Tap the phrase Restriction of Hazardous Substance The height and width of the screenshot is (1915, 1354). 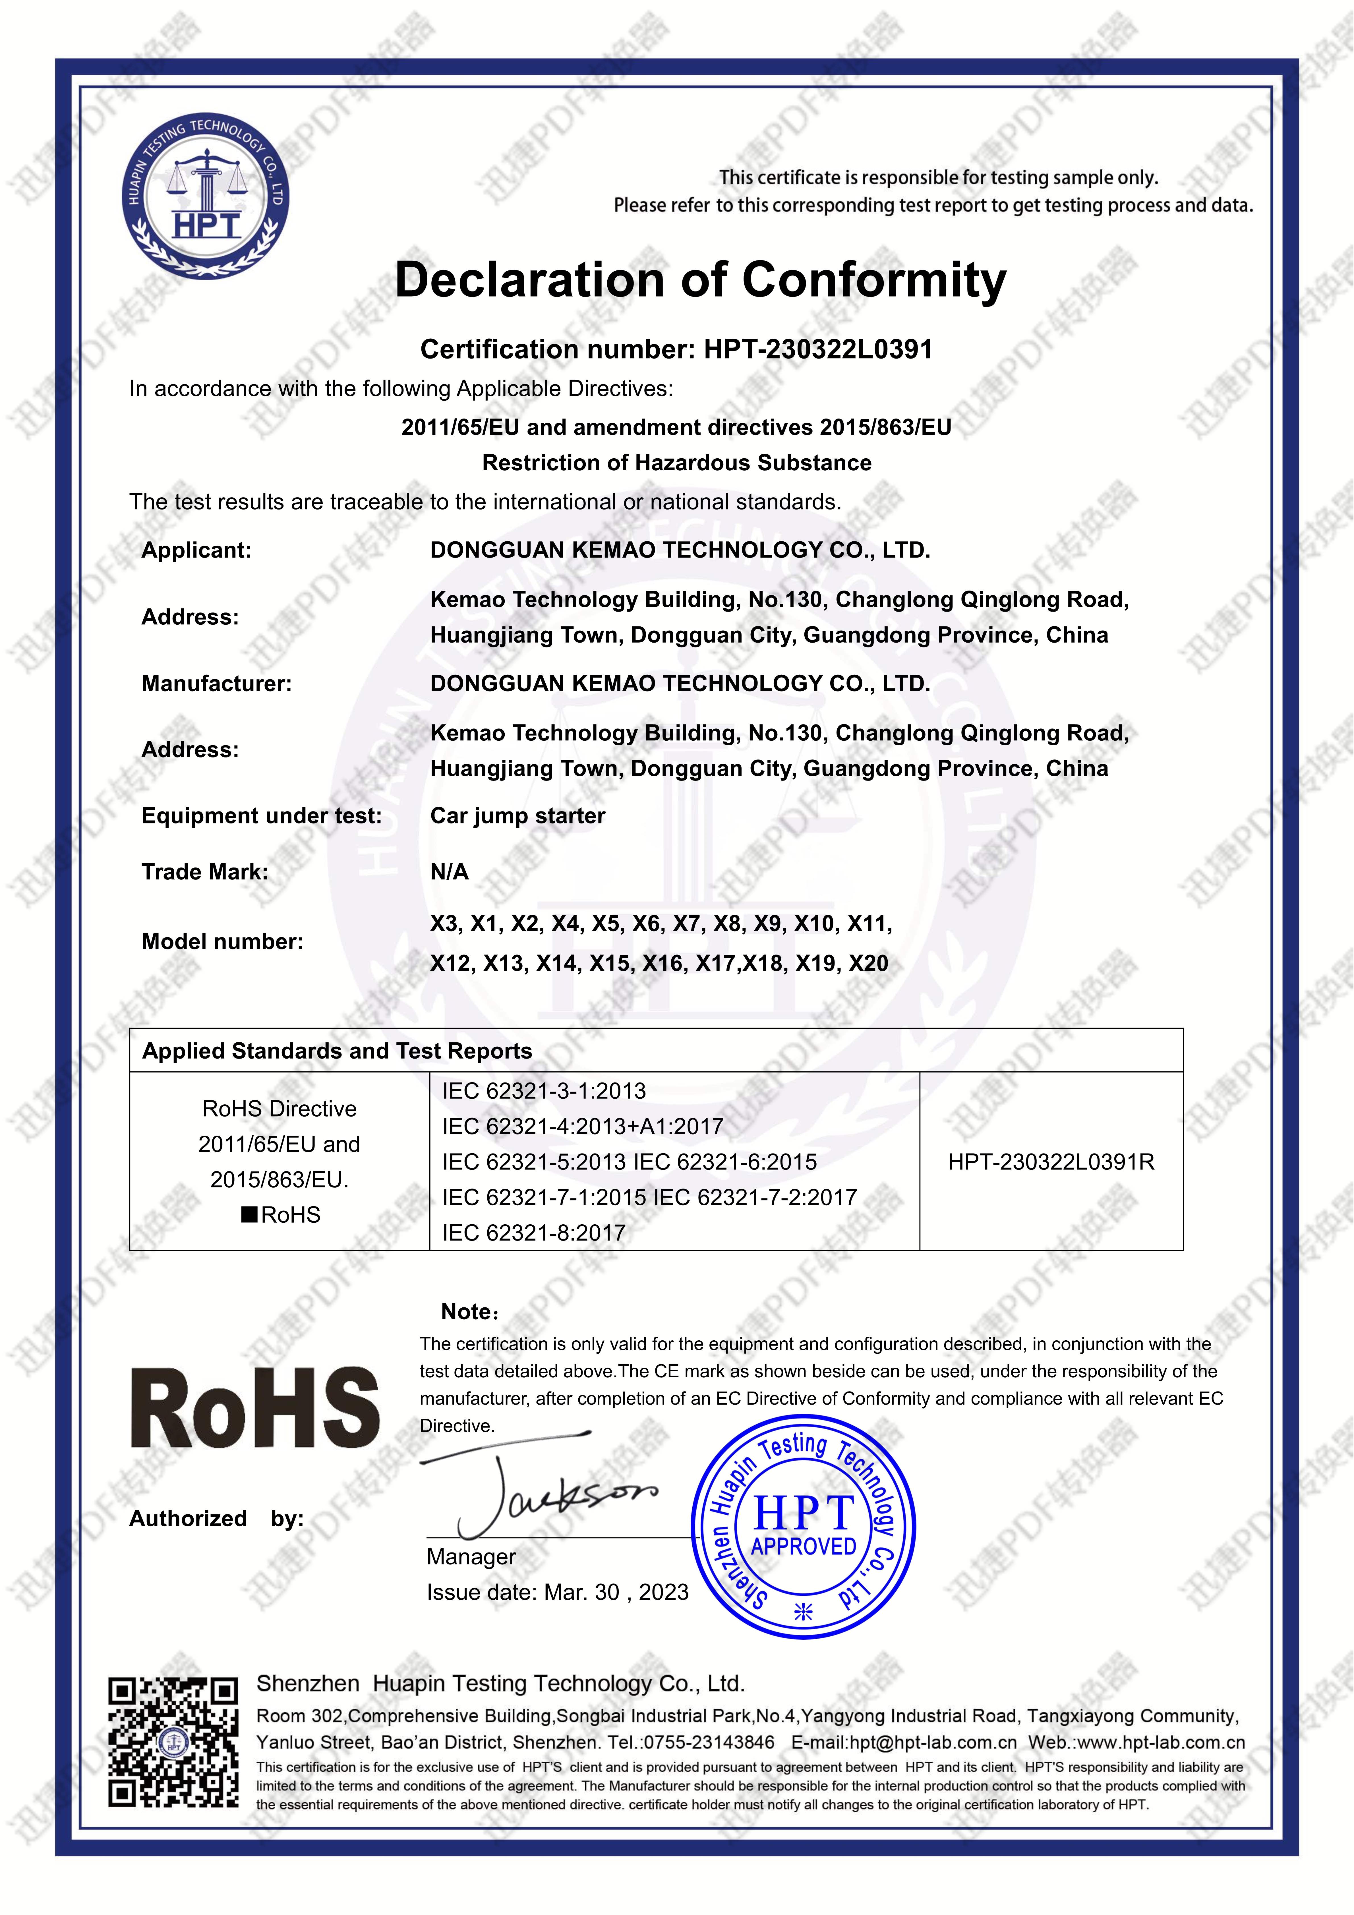coord(677,463)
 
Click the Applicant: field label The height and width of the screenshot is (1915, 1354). coord(196,550)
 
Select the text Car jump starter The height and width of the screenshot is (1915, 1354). coord(517,816)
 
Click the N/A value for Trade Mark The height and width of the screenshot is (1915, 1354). coord(449,872)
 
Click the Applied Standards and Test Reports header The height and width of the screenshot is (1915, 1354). coord(337,1051)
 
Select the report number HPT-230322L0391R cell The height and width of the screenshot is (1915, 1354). coord(1050,1162)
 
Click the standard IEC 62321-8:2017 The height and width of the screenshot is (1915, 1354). coord(534,1233)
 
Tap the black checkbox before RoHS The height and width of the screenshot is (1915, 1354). coord(249,1214)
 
